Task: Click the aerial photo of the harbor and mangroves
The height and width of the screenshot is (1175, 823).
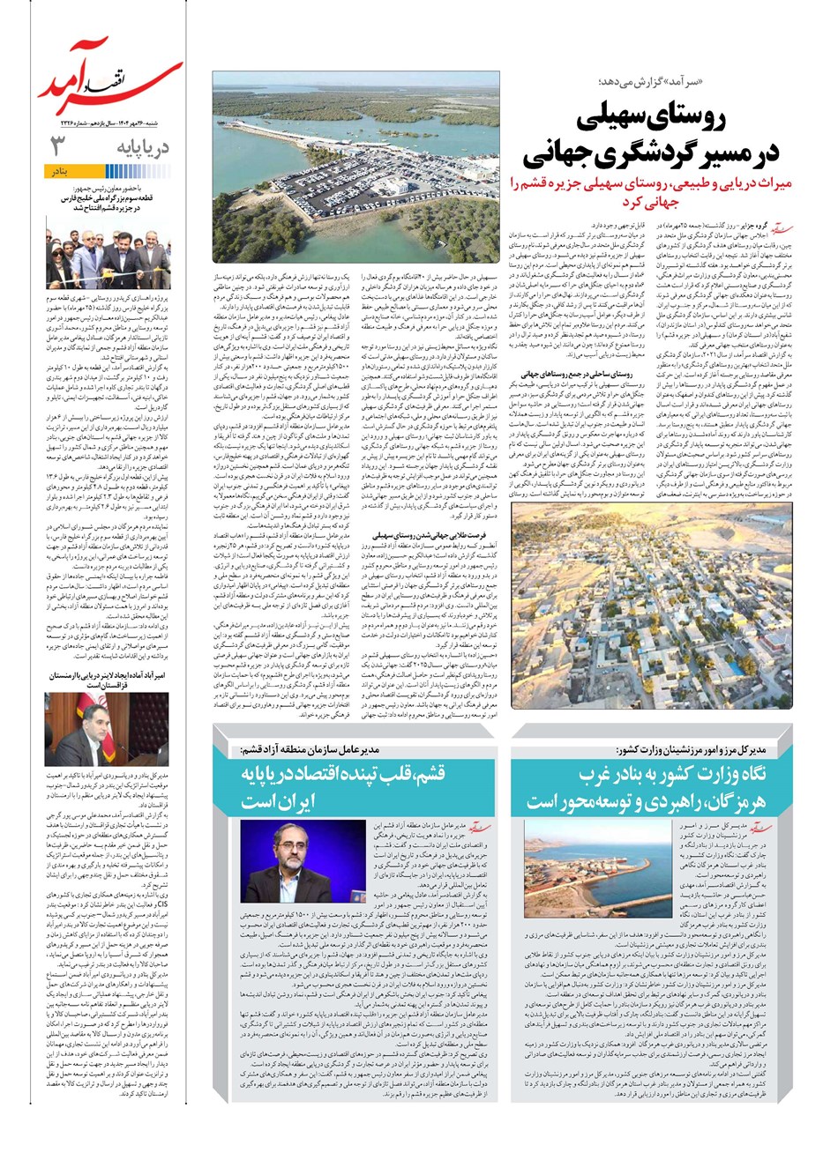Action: point(355,167)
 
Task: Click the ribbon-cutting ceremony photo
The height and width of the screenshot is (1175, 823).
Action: point(108,258)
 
